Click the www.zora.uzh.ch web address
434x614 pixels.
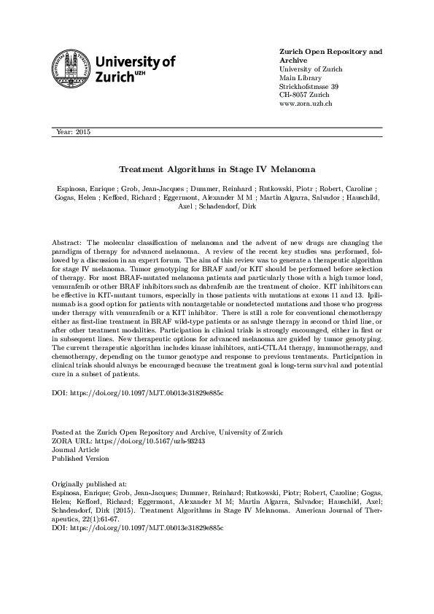306,104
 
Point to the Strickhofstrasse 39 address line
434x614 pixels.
309,87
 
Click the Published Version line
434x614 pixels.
80,459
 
